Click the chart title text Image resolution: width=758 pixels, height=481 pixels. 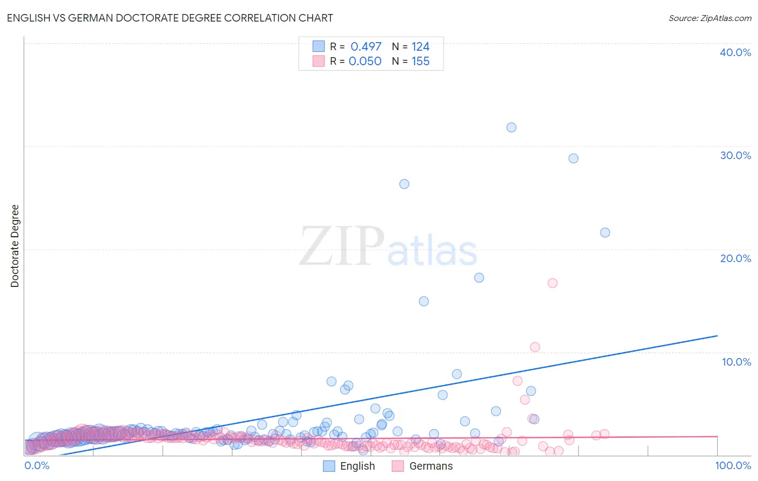point(170,18)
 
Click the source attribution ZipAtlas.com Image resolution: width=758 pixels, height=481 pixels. point(709,18)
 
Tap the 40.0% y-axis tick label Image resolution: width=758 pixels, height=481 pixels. point(735,52)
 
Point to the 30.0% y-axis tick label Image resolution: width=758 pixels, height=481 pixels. point(735,155)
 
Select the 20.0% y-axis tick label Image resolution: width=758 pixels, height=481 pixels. point(735,258)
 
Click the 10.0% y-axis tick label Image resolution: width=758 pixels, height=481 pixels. point(736,362)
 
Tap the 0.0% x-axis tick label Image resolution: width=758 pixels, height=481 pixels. point(37,465)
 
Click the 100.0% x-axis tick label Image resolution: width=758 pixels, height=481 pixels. point(733,465)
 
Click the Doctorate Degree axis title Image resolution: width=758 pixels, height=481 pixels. point(15,246)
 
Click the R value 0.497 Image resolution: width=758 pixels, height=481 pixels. point(366,47)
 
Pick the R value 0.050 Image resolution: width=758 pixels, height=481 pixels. point(365,61)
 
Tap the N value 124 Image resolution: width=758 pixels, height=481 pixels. point(421,47)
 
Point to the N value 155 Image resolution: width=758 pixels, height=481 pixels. point(421,61)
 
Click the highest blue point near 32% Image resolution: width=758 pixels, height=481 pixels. point(511,127)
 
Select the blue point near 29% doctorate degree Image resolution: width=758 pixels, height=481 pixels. point(573,159)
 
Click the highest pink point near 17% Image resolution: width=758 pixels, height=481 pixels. point(552,283)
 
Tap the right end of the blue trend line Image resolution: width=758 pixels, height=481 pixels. point(717,335)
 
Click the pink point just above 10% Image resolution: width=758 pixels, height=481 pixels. point(535,347)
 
